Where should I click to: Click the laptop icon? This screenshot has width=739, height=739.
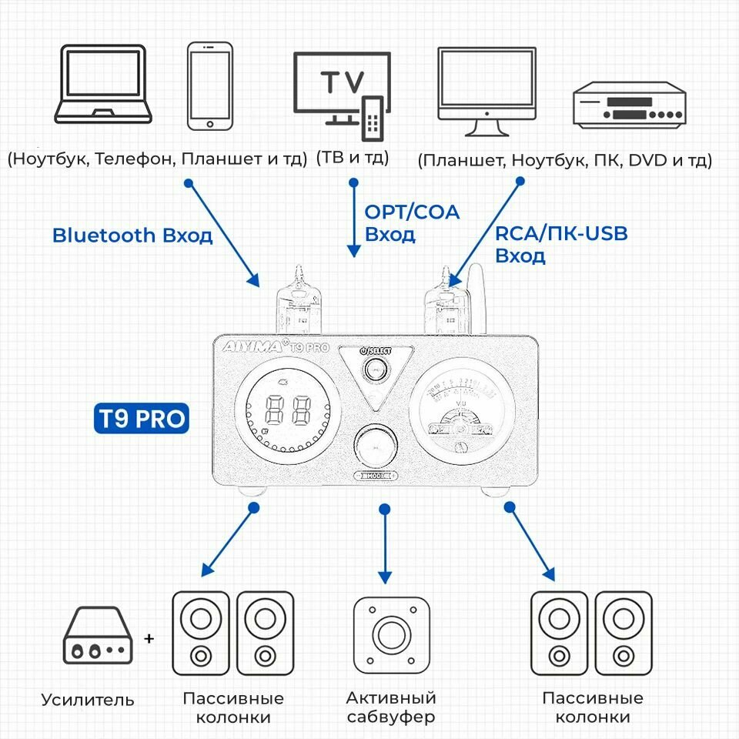pyautogui.click(x=101, y=85)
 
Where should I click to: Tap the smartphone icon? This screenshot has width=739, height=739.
pyautogui.click(x=210, y=85)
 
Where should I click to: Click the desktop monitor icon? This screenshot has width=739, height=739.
pyautogui.click(x=487, y=91)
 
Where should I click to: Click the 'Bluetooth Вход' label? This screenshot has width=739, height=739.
pyautogui.click(x=132, y=236)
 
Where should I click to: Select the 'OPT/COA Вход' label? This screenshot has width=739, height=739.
pyautogui.click(x=411, y=222)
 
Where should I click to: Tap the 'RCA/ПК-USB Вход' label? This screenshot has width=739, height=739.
pyautogui.click(x=560, y=244)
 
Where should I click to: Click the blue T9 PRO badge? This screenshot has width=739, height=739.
pyautogui.click(x=141, y=418)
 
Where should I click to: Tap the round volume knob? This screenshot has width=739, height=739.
pyautogui.click(x=376, y=445)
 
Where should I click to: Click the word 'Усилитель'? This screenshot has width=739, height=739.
pyautogui.click(x=88, y=700)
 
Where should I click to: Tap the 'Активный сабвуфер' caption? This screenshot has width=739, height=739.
pyautogui.click(x=391, y=707)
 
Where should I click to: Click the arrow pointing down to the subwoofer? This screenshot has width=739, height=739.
pyautogui.click(x=385, y=547)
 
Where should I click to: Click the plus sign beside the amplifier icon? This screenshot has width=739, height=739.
pyautogui.click(x=149, y=639)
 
